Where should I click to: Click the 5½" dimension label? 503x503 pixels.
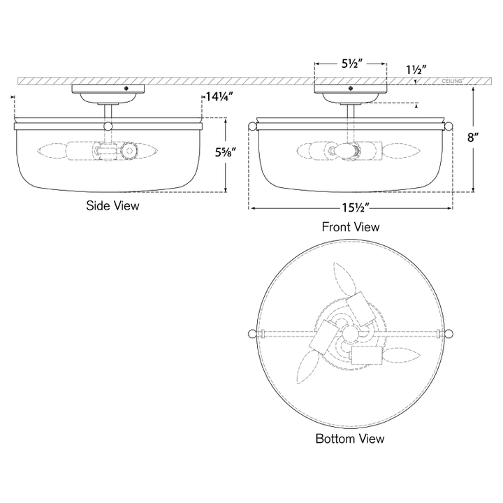click(351, 64)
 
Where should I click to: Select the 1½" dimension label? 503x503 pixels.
click(416, 70)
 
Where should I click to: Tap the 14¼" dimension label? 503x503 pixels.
click(219, 96)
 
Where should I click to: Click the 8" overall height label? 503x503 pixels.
click(472, 138)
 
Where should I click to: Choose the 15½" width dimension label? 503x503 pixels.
click(356, 208)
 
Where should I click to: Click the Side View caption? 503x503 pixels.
click(112, 205)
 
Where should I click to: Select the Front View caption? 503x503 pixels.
click(351, 227)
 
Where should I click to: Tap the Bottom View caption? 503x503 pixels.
click(350, 439)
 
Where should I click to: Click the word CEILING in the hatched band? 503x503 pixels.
click(452, 81)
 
